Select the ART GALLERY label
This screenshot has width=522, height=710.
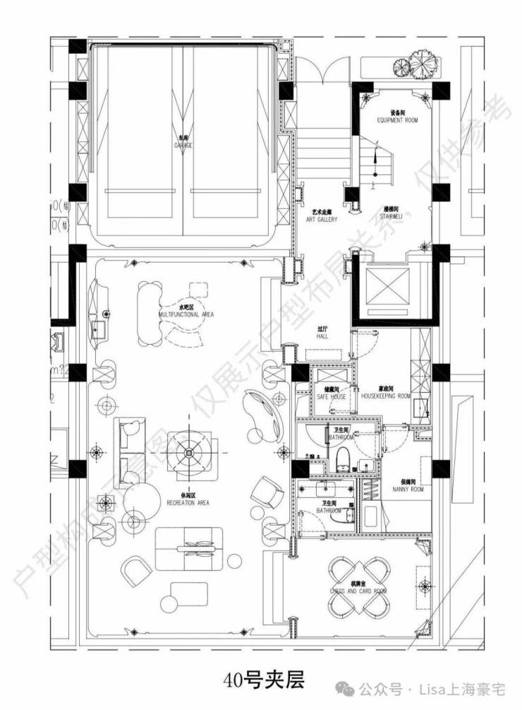click(321, 215)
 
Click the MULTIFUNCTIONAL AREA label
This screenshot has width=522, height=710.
click(186, 311)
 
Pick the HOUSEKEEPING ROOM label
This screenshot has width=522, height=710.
click(385, 393)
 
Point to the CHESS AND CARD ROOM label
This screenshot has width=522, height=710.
click(358, 587)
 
